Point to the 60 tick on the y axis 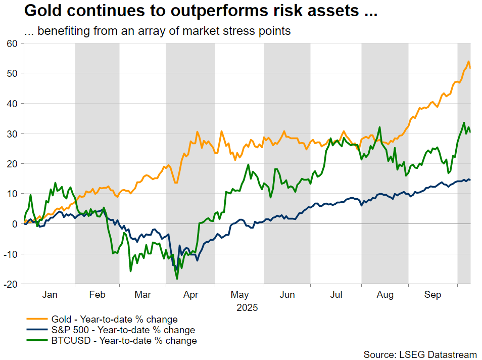[x=12, y=43]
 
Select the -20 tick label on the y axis [x=11, y=284]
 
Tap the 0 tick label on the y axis [x=15, y=224]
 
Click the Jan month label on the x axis [x=50, y=295]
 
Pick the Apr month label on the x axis [x=190, y=295]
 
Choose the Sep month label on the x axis [x=432, y=295]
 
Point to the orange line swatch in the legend [x=35, y=320]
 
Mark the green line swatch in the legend [x=35, y=341]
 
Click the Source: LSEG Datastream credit [x=420, y=353]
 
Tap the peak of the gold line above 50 [x=468, y=61]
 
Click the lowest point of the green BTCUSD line [x=177, y=279]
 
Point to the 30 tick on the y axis [x=12, y=134]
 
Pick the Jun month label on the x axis [x=287, y=295]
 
